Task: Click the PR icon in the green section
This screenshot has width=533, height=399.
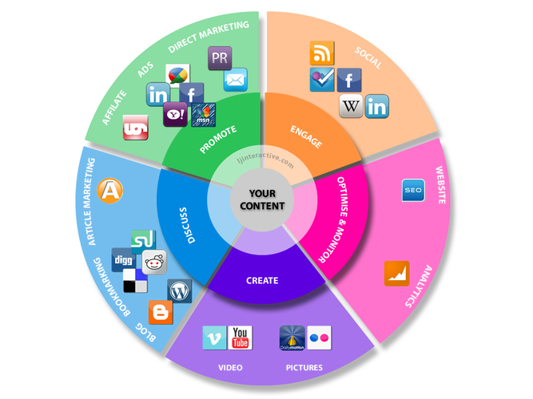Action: pyautogui.click(x=220, y=58)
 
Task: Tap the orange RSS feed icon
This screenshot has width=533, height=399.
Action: pyautogui.click(x=322, y=53)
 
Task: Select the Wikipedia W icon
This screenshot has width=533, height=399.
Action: pyautogui.click(x=351, y=106)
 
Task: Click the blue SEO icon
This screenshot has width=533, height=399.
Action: pyautogui.click(x=413, y=190)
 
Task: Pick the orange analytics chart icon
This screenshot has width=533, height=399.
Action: pyautogui.click(x=396, y=274)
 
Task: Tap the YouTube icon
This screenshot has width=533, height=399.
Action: pyautogui.click(x=240, y=338)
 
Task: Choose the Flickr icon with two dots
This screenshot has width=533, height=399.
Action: pyautogui.click(x=319, y=338)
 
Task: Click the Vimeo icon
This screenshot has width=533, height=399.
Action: pyautogui.click(x=214, y=338)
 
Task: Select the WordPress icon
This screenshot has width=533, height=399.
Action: pyautogui.click(x=180, y=291)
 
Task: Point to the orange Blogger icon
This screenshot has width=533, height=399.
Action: pyautogui.click(x=161, y=312)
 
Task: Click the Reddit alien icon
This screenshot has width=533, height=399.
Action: pyautogui.click(x=154, y=263)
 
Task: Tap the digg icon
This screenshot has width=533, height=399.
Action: pyautogui.click(x=123, y=260)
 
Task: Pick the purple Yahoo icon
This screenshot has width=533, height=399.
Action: pyautogui.click(x=175, y=114)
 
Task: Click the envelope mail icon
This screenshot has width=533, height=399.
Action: pyautogui.click(x=236, y=80)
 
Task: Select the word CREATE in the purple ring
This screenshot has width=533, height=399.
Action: pyautogui.click(x=262, y=280)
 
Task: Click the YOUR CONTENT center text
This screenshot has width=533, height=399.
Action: pyautogui.click(x=262, y=199)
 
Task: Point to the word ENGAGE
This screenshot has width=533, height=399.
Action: pyautogui.click(x=306, y=136)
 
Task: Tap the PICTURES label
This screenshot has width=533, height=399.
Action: pyautogui.click(x=304, y=368)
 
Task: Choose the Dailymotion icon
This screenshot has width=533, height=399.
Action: pyautogui.click(x=292, y=338)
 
